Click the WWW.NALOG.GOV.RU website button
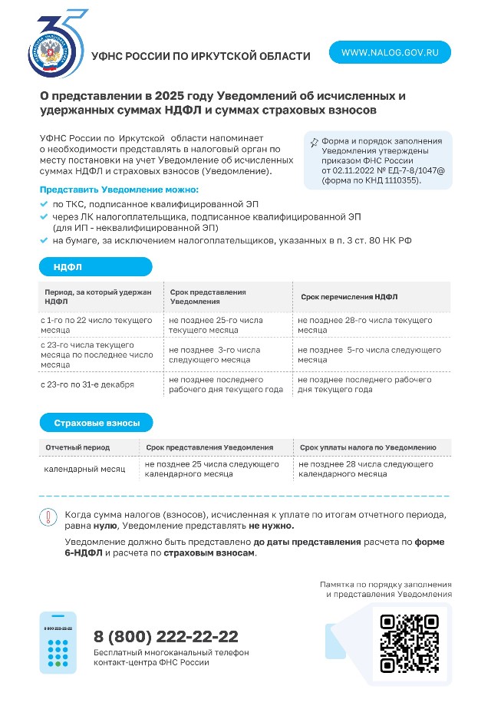[x=390, y=52]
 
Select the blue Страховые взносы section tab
[x=95, y=423]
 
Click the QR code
[x=410, y=641]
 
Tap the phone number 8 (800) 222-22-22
[x=166, y=636]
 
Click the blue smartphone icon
[x=58, y=642]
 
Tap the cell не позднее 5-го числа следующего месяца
[x=369, y=354]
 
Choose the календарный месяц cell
[x=84, y=468]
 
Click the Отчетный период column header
[x=77, y=447]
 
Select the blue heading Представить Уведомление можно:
[x=119, y=189]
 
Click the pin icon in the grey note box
[x=313, y=143]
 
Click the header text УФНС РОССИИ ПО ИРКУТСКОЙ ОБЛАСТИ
[x=200, y=56]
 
